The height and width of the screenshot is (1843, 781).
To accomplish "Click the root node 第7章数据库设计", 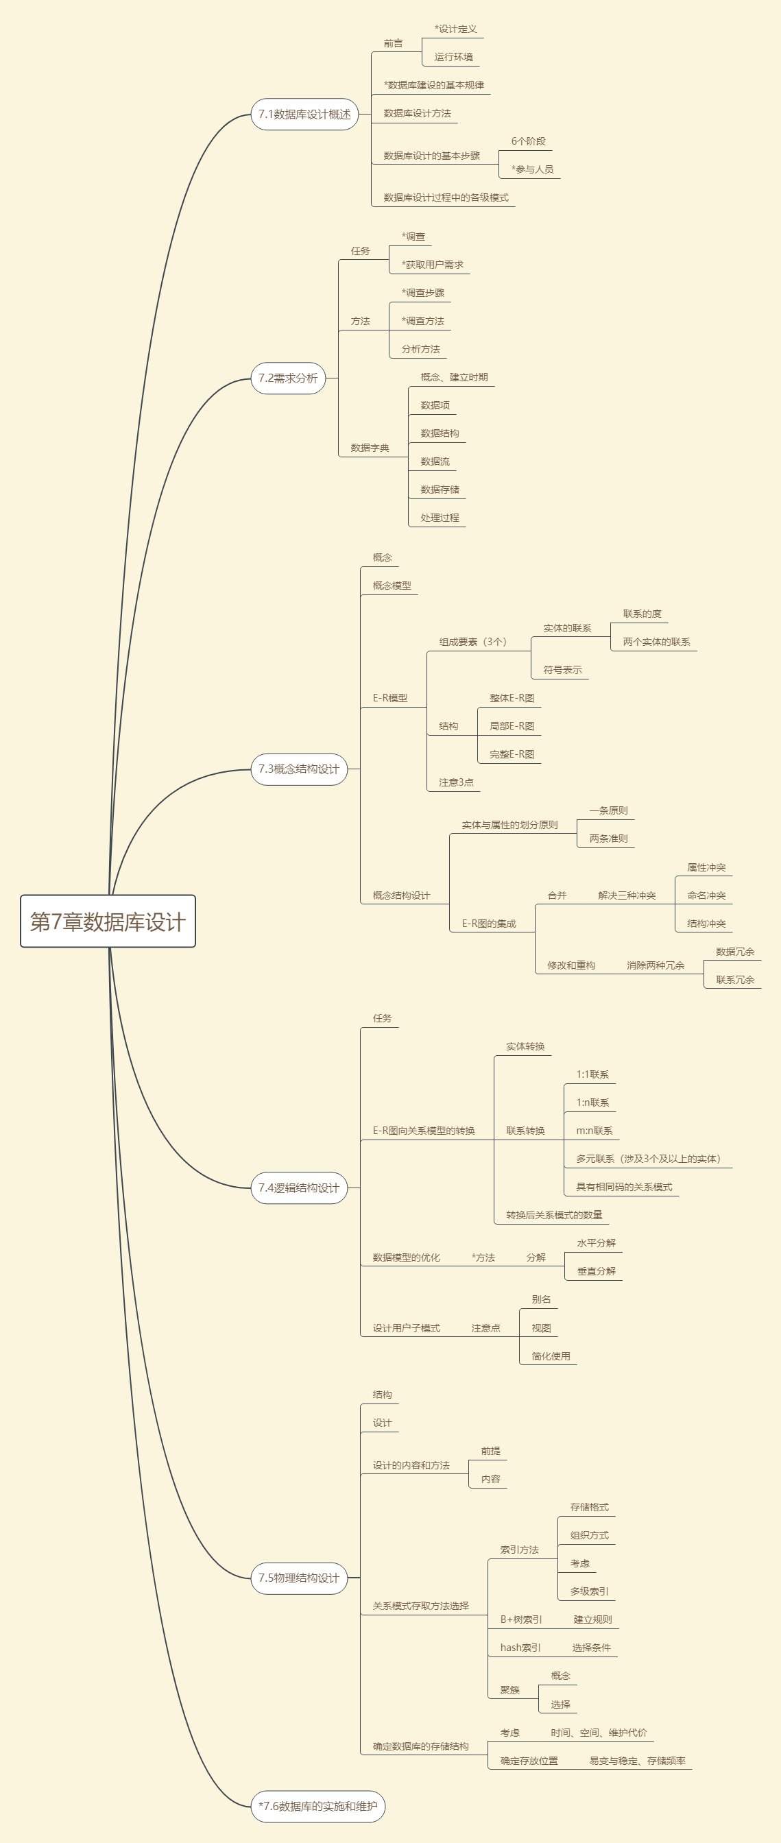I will pos(108,921).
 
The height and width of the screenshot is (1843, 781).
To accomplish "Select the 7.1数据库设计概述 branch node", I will pos(304,115).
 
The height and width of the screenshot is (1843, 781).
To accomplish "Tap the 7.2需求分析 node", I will pos(288,378).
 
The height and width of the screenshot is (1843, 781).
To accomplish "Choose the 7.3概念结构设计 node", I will pos(299,769).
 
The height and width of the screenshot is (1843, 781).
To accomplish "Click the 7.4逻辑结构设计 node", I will pos(299,1188).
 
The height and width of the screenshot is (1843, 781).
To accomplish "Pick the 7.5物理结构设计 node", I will pos(299,1578).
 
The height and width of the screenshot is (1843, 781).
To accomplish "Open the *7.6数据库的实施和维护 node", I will pos(318,1807).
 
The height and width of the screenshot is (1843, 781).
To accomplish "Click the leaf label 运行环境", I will pos(453,57).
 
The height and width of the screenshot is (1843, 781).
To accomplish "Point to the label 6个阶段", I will pos(529,142).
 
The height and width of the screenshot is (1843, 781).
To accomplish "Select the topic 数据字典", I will pos(370,448).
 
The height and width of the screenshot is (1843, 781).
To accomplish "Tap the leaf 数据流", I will pos(435,461).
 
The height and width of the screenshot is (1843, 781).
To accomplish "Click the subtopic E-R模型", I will pos(389,698).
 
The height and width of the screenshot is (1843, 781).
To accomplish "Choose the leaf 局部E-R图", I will pos(512,726).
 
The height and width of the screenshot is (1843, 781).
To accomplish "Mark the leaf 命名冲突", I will pos(707,895).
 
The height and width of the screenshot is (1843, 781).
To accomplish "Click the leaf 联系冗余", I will pos(735,980).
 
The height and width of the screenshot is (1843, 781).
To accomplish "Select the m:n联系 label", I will pos(594,1131).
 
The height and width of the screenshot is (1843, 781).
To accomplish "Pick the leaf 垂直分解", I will pos(597,1271).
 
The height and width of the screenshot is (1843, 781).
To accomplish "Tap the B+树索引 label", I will pos(521,1619).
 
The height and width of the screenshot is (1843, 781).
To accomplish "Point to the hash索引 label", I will pos(520,1648).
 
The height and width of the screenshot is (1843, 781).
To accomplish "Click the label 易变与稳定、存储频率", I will pos(637,1761).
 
